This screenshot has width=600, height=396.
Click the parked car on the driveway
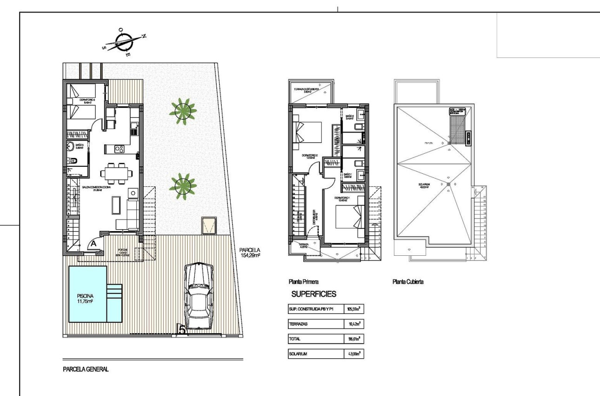[x=199, y=296]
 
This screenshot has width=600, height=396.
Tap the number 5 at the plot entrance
[x=182, y=329]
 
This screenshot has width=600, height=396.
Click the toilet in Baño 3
[x=73, y=161]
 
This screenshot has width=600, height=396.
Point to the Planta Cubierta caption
[x=408, y=282]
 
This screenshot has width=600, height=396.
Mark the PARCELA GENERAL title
[x=86, y=369]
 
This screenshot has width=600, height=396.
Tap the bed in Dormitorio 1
[x=348, y=218]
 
